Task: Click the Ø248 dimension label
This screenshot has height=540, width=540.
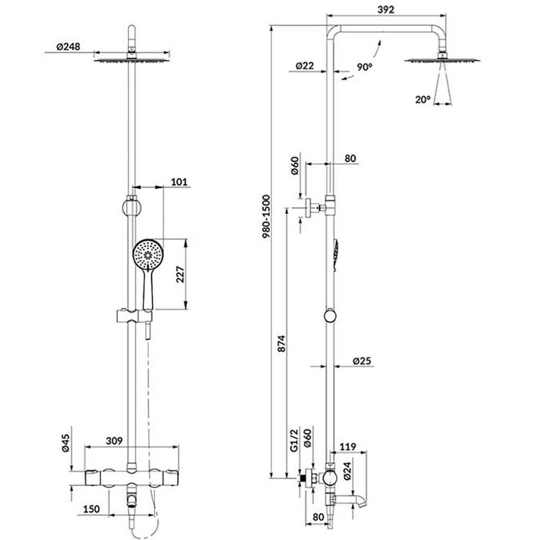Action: [68, 46]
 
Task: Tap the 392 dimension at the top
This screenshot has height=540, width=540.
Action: [386, 10]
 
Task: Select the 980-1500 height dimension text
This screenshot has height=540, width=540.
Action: [266, 217]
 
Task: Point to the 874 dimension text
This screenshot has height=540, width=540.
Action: [281, 343]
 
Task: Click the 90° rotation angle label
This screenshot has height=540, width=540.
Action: [364, 67]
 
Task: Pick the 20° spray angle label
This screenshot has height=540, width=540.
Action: [423, 99]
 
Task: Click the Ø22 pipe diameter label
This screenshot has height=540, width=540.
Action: [305, 65]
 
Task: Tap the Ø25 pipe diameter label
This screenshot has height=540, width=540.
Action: [362, 361]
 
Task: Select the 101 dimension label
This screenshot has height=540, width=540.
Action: [179, 181]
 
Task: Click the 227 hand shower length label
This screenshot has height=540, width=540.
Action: [180, 274]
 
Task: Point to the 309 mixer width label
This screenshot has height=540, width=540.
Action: [114, 441]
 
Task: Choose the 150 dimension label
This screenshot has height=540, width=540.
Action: [91, 509]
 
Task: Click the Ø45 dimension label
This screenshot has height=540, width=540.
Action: [65, 443]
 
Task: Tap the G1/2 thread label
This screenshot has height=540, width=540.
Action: [294, 441]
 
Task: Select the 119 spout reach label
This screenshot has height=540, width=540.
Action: [348, 447]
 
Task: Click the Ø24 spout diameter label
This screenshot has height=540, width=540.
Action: [347, 471]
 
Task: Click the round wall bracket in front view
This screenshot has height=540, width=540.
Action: [131, 207]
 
